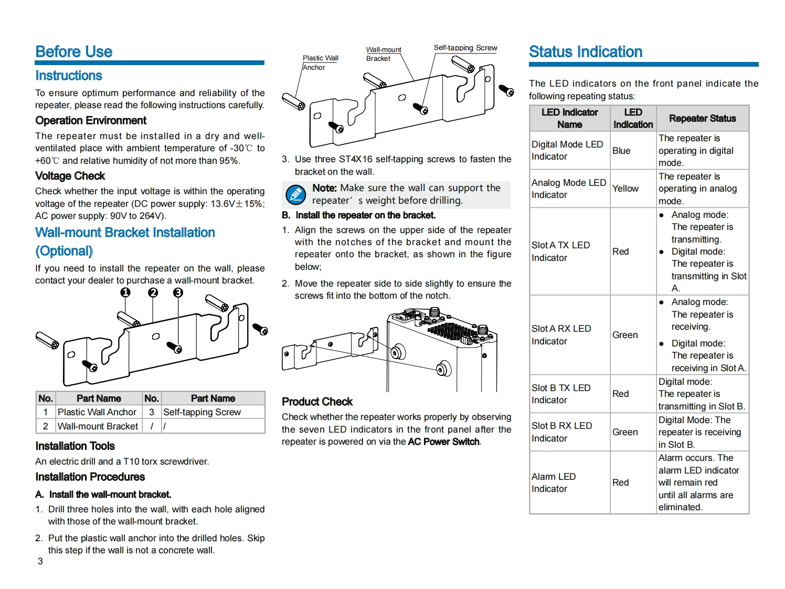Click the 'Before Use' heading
(x=74, y=51)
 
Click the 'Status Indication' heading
(x=586, y=51)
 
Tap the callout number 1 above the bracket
(x=125, y=292)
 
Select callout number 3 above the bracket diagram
(x=178, y=292)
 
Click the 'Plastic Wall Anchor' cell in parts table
(x=97, y=412)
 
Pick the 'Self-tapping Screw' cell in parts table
(x=202, y=412)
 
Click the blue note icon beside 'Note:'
(x=295, y=195)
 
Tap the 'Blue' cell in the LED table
(x=621, y=151)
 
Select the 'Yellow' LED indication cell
(x=625, y=188)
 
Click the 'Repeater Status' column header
(x=702, y=119)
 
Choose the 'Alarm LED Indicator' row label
(x=554, y=482)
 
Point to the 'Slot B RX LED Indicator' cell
(x=561, y=432)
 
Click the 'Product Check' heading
(x=317, y=402)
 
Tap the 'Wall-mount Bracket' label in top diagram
(x=383, y=54)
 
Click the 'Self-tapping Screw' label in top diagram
(x=465, y=48)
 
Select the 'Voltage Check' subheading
(x=70, y=176)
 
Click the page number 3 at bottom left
(x=40, y=561)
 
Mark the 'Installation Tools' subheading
(x=75, y=446)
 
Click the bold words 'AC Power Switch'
(x=443, y=441)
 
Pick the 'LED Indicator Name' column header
(x=569, y=119)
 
